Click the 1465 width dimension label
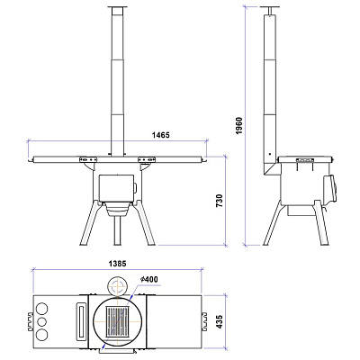161,135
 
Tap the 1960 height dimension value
239,125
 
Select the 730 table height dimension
220,201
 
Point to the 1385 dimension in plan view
118,264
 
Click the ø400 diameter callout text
148,279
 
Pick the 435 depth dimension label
220,321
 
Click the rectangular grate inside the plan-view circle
117,321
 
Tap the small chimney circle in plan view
117,286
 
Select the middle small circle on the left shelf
42,321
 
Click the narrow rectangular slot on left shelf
82,321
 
